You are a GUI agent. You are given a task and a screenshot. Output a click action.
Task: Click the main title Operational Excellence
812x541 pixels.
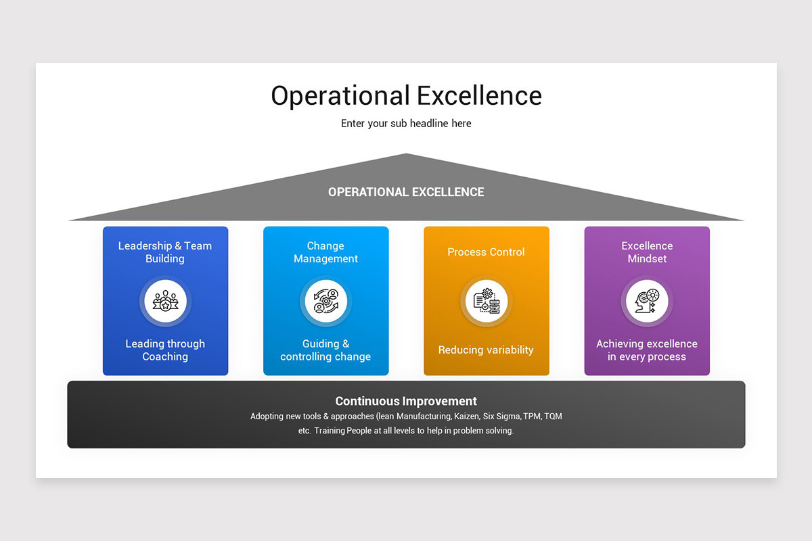point(407,96)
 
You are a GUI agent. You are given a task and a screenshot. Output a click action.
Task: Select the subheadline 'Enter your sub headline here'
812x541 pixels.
point(406,124)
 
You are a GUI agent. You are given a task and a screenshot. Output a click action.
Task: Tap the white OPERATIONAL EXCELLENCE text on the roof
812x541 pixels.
point(406,192)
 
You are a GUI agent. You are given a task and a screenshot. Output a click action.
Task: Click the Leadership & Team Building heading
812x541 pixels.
point(165,252)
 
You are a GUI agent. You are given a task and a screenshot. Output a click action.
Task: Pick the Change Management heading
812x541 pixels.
point(325,252)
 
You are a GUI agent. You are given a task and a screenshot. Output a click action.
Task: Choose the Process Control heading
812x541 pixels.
point(486,252)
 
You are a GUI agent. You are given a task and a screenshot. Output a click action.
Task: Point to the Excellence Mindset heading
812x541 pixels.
point(647,252)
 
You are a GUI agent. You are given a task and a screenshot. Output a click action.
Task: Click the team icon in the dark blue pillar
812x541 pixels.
point(165,301)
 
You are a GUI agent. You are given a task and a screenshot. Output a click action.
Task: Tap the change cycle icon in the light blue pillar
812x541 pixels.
point(326,301)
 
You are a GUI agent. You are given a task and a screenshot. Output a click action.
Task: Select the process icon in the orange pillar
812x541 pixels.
point(487,301)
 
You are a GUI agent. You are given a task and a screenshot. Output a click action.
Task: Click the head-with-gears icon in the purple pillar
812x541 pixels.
point(647,301)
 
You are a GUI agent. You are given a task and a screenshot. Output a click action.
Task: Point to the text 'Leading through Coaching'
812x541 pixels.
point(165,350)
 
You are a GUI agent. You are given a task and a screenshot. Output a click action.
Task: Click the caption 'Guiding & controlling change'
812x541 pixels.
point(325,350)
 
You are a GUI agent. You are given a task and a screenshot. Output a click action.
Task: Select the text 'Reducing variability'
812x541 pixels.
point(486,350)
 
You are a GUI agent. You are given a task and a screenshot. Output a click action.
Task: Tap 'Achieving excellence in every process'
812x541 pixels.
point(647,350)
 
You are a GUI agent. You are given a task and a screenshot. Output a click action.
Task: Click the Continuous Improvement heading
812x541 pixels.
point(406,401)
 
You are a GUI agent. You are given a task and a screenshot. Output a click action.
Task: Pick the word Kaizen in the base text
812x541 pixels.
point(466,417)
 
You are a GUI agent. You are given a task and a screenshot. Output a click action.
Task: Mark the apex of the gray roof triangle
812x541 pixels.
point(406,154)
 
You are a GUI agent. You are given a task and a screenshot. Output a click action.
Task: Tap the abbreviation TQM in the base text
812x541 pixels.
point(554,417)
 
